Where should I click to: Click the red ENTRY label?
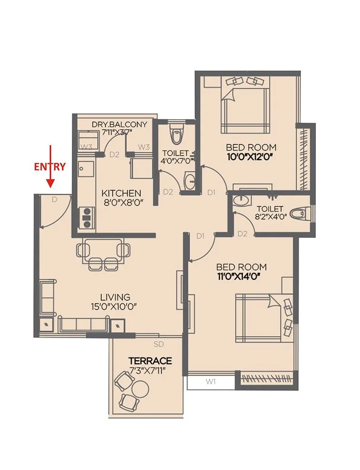click(50, 167)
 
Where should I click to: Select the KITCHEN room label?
click(121, 193)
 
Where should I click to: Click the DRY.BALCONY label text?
click(120, 124)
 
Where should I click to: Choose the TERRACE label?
click(150, 361)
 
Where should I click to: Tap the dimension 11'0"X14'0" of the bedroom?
click(241, 276)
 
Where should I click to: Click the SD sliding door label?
click(159, 344)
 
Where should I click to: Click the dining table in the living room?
click(103, 251)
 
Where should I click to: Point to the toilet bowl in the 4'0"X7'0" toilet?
click(175, 135)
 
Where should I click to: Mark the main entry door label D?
click(54, 199)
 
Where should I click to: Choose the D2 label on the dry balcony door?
click(114, 155)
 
